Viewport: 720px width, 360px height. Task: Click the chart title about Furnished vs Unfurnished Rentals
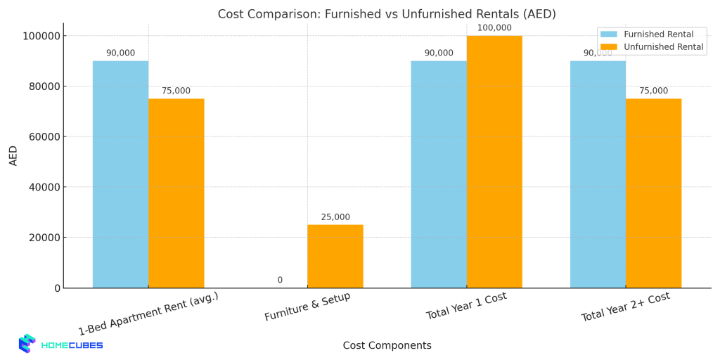click(x=387, y=14)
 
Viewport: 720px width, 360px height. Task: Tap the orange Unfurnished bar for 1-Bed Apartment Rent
click(x=176, y=193)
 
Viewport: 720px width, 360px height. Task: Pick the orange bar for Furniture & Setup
click(x=335, y=256)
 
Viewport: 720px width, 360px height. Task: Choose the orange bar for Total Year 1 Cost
click(x=494, y=162)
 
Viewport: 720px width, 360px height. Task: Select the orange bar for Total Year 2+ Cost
click(x=653, y=193)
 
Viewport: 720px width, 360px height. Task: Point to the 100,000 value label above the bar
click(x=494, y=28)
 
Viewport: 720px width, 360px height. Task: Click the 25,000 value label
click(x=335, y=217)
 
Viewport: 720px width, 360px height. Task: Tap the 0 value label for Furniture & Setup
click(x=280, y=281)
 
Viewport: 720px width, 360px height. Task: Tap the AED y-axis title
click(x=13, y=155)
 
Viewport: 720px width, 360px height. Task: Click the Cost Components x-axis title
click(x=387, y=346)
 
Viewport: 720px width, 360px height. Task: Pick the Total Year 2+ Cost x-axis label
click(x=625, y=307)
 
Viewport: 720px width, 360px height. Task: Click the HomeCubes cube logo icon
click(x=27, y=343)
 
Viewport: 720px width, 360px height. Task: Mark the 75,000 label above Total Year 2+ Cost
click(x=653, y=91)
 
